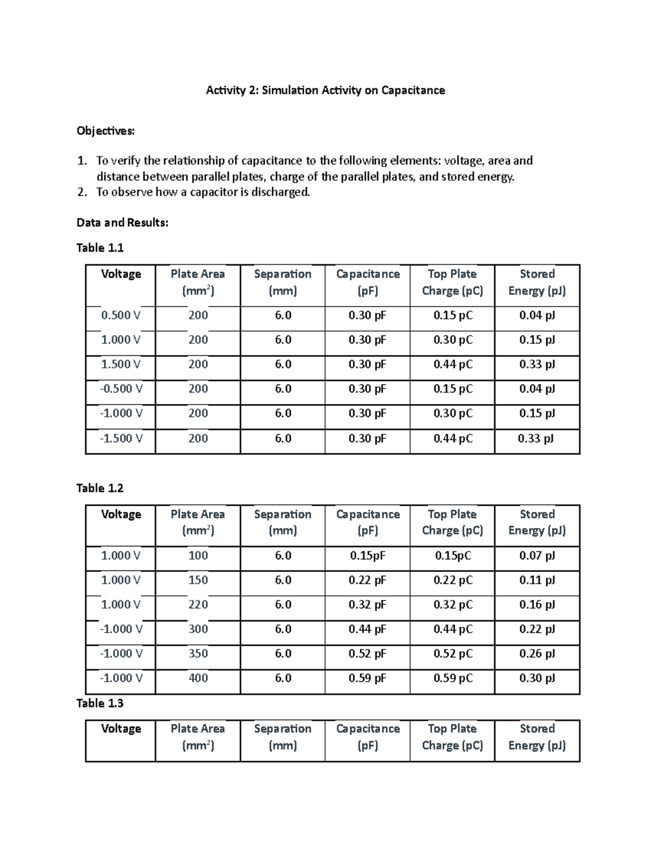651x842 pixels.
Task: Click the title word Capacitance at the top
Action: click(x=413, y=91)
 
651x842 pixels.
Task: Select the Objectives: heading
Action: click(x=105, y=131)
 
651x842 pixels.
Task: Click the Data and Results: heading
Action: click(x=122, y=222)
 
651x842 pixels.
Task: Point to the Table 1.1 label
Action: click(x=100, y=248)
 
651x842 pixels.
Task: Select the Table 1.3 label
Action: click(x=100, y=703)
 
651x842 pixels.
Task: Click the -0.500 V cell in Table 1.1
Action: click(x=121, y=389)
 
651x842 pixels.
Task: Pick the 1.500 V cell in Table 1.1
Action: click(x=121, y=364)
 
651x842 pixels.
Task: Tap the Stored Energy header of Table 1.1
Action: click(x=537, y=282)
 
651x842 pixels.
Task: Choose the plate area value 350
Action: click(x=198, y=653)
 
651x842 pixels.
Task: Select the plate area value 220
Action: click(x=198, y=605)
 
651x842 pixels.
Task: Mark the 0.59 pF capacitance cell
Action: click(x=367, y=678)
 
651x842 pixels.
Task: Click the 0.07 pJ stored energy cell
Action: click(x=537, y=555)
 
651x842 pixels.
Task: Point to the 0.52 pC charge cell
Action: click(x=452, y=653)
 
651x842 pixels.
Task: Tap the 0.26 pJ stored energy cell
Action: click(x=537, y=653)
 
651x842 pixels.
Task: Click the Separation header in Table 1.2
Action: click(x=283, y=522)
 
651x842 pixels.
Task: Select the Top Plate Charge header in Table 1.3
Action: click(x=452, y=737)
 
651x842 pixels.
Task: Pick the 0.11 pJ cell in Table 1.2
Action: click(x=537, y=580)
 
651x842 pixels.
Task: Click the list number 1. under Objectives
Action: click(x=81, y=160)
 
